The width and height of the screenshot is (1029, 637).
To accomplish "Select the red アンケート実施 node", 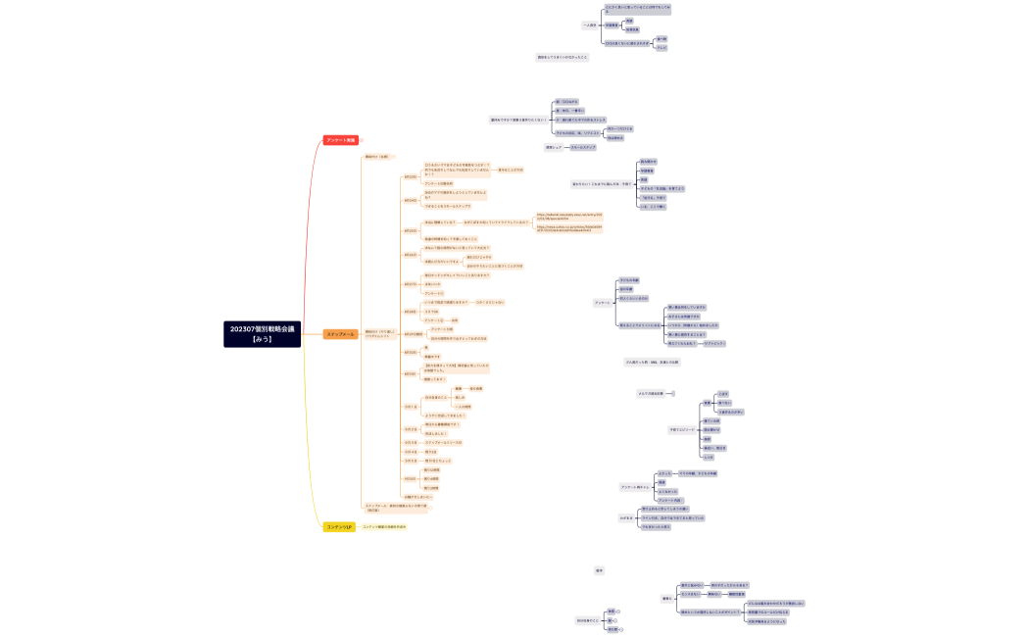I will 341,140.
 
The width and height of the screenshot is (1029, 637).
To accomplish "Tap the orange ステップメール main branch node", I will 341,334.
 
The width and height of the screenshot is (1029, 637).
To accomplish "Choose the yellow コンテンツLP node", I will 339,527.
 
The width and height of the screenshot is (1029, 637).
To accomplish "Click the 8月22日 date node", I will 411,177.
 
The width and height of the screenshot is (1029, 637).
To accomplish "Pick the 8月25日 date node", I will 411,230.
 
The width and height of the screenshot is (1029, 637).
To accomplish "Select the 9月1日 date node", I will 411,406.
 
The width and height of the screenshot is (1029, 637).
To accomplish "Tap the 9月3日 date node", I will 411,442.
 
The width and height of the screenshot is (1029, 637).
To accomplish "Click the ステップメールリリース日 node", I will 443,442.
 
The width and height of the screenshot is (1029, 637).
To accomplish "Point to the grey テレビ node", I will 661,47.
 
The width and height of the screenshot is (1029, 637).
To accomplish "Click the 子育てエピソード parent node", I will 682,429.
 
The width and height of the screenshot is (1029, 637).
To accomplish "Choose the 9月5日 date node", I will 411,460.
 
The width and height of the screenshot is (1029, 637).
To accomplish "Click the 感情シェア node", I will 553,147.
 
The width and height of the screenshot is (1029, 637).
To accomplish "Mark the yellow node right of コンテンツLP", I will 384,526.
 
